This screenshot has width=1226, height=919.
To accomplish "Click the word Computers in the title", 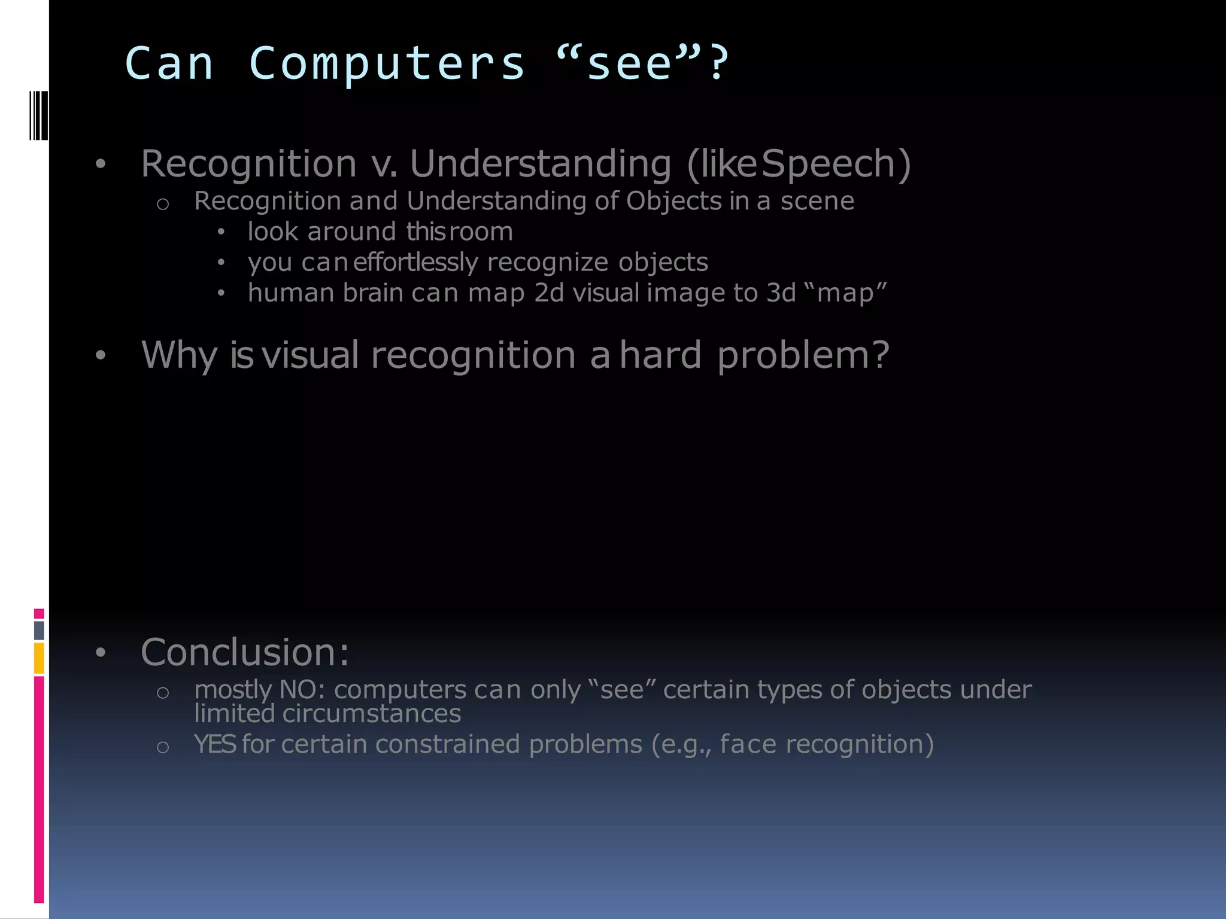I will click(386, 63).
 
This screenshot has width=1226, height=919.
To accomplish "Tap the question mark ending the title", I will click(717, 63).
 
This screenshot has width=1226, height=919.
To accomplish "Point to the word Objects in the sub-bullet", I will click(674, 201).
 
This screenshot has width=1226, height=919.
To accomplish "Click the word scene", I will click(817, 201).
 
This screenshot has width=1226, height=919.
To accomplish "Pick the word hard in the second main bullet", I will click(660, 355).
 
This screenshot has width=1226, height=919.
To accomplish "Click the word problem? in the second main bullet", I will click(803, 355).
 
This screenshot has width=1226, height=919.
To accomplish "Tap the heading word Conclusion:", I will click(245, 652).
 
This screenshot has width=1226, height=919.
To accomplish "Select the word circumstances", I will click(371, 713).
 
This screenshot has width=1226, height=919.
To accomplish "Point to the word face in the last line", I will click(748, 744).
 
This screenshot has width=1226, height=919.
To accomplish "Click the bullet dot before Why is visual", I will click(101, 355).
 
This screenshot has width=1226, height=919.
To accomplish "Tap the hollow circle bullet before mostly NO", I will click(163, 692).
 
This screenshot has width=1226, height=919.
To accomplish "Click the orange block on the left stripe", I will click(39, 658).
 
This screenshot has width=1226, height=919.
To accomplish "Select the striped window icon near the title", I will click(38, 115).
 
